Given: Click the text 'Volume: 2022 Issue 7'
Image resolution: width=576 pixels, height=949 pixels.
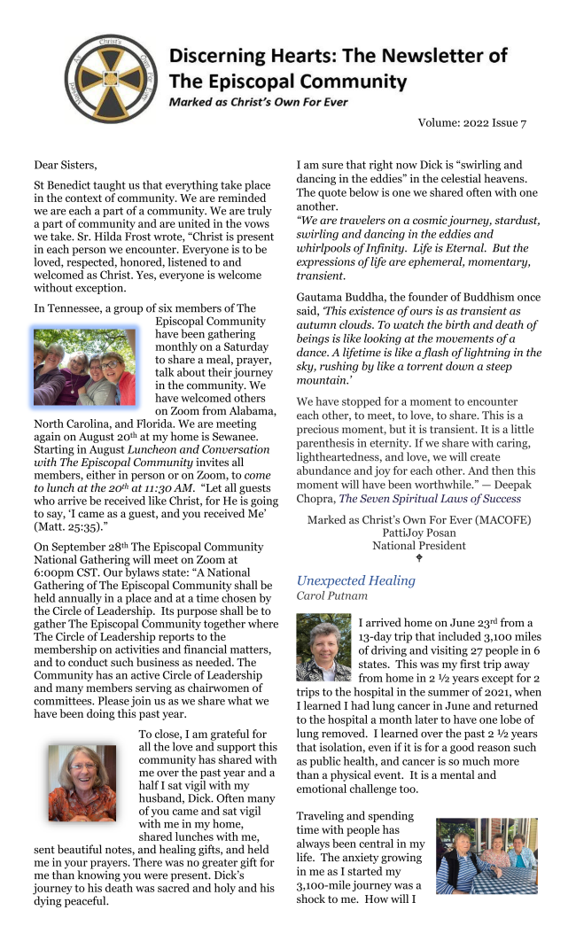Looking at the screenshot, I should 472,123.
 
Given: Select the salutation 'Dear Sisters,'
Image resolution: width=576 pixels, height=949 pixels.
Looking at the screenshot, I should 66,165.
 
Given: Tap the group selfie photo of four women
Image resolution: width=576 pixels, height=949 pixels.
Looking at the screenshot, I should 85,367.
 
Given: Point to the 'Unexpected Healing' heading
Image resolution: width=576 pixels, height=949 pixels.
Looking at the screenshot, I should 355,580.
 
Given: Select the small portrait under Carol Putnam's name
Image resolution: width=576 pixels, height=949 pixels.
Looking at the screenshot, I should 323,648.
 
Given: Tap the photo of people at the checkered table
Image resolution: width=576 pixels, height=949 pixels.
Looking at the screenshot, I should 486,856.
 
